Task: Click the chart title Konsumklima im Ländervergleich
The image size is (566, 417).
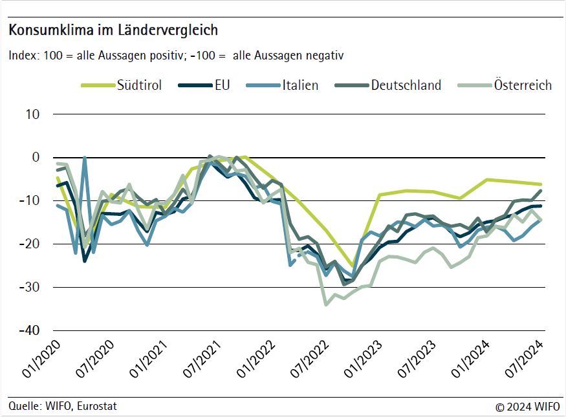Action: [x=113, y=30]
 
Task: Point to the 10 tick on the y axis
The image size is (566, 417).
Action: [x=32, y=114]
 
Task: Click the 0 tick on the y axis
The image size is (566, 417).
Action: [x=36, y=158]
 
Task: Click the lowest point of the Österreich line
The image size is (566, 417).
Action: [x=326, y=304]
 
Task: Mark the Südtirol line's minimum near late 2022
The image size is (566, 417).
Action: [x=353, y=266]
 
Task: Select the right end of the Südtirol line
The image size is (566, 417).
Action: [x=541, y=184]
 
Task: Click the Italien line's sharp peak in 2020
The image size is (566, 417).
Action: [x=85, y=157]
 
